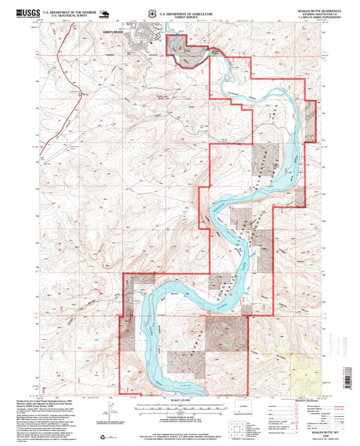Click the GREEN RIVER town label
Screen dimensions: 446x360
click(x=115, y=31)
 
